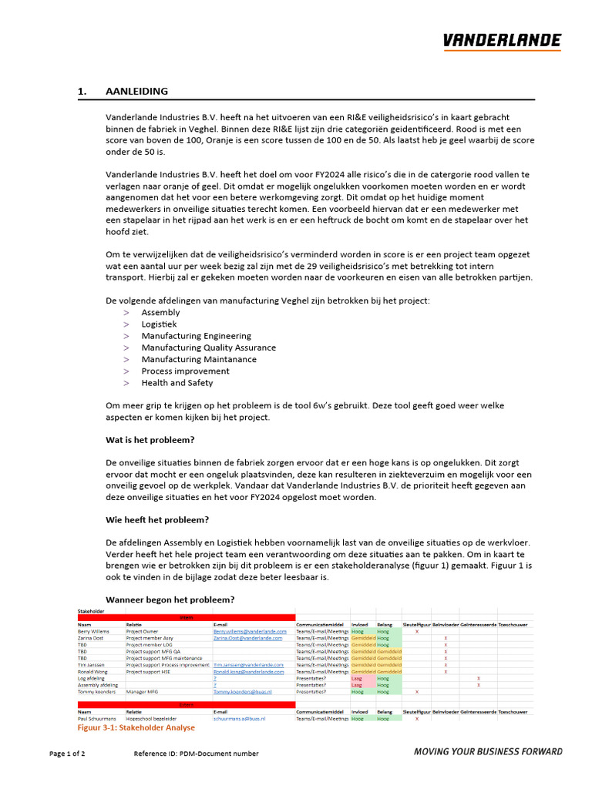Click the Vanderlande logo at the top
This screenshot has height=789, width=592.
coord(502,42)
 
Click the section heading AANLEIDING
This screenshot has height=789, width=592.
coord(136,92)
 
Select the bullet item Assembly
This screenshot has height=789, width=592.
coord(160,313)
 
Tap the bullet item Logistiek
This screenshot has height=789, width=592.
coord(159,324)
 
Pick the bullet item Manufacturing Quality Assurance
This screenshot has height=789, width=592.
coord(208,347)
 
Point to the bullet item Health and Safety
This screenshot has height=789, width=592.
coord(177,383)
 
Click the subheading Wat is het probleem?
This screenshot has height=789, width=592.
coord(150,440)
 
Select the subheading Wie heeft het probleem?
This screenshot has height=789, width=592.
coord(157,520)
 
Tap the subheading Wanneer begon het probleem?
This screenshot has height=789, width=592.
coord(170,600)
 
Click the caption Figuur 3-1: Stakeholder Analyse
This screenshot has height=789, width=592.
coord(136,727)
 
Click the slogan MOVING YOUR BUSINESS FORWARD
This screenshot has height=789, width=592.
coord(488,752)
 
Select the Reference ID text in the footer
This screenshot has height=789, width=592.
coord(196,754)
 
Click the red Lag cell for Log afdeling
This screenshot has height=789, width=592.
coord(357,678)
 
